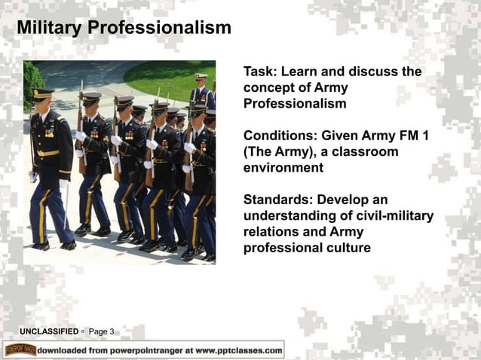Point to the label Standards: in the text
pos(277,200)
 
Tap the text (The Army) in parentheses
pos(278,152)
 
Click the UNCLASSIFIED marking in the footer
pos(49,331)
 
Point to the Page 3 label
pos(102,331)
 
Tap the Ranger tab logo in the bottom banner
pos(20,350)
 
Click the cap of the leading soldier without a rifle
pos(43,94)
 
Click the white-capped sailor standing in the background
pos(201,87)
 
